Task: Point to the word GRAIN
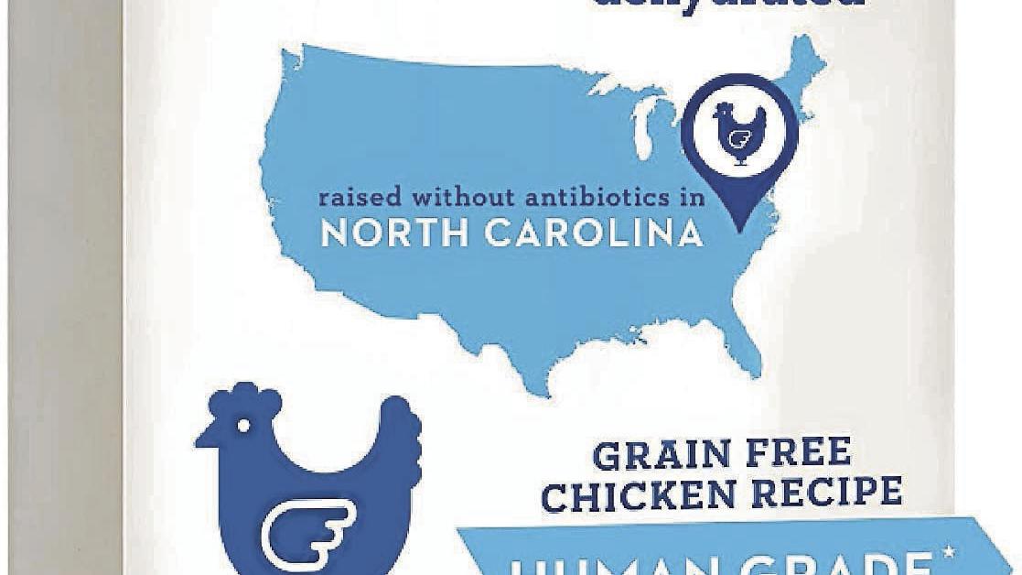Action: pos(652,454)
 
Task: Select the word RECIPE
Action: pos(827,494)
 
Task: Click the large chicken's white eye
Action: pos(243,426)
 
